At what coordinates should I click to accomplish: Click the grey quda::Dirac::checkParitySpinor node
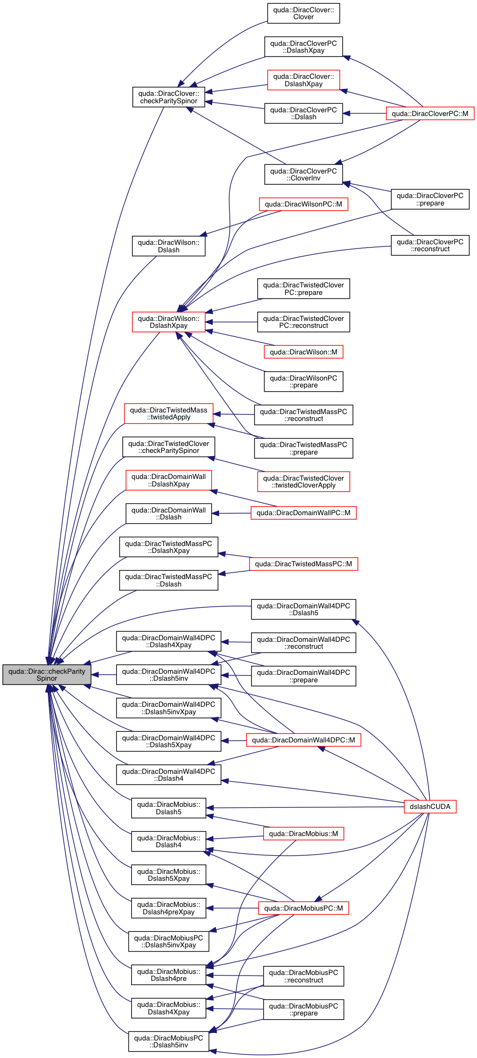[47, 674]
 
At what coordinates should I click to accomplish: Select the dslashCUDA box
[430, 806]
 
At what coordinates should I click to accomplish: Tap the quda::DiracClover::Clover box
[303, 13]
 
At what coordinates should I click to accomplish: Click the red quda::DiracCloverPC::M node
[430, 113]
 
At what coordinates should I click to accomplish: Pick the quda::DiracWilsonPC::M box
[303, 204]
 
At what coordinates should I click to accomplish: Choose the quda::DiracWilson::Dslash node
[169, 246]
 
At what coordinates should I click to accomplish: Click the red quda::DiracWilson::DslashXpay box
[169, 322]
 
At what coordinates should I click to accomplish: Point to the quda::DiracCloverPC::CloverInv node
[303, 175]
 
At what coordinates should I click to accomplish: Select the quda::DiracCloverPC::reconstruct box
[430, 245]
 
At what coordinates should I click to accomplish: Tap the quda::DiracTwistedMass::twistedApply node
[169, 414]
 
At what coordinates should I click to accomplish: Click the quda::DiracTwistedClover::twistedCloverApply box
[303, 482]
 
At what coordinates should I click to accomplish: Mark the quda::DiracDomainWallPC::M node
[303, 513]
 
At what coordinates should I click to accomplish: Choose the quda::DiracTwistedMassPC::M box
[303, 564]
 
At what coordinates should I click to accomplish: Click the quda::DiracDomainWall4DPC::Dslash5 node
[303, 609]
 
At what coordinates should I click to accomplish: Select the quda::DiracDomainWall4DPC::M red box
[303, 740]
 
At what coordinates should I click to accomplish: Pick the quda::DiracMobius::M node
[303, 833]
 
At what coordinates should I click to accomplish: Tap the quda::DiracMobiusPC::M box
[303, 908]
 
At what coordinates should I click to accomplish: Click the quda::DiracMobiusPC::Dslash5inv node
[169, 1042]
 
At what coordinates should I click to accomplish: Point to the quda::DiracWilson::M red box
[303, 352]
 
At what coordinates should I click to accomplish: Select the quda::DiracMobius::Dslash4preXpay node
[169, 908]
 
